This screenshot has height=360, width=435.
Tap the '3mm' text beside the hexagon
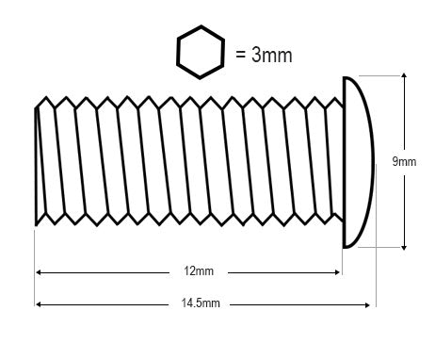point(272,55)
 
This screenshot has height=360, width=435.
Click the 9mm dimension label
point(404,162)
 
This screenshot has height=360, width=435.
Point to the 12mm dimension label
point(199,270)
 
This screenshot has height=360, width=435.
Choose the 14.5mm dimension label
point(201,303)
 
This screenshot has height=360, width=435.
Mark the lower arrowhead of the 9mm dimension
point(404,247)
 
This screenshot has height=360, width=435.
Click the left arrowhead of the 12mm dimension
point(39,272)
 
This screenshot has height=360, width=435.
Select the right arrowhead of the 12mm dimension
point(337,272)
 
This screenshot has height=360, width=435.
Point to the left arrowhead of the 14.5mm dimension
point(39,304)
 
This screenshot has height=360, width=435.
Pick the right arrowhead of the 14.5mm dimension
point(367,304)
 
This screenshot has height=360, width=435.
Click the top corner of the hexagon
point(201,26)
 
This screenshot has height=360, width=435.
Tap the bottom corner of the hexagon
point(201,78)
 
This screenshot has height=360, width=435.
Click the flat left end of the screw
point(36,167)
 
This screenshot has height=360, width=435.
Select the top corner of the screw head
point(345,77)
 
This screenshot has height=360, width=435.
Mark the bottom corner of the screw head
point(345,247)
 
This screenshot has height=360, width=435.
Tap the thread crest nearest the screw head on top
point(335,98)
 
